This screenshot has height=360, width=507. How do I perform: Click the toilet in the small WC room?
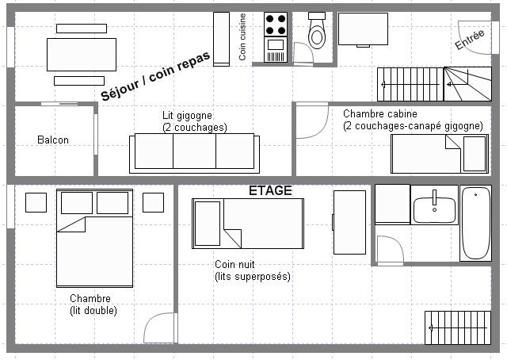317,32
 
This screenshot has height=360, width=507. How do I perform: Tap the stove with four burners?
275,25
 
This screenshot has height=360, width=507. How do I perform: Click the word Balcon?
53,140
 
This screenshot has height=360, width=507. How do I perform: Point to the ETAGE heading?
270,191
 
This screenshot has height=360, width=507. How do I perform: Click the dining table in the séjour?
81,55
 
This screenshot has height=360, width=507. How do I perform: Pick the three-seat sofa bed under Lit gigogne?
194,152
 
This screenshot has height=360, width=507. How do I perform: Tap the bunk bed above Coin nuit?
248,224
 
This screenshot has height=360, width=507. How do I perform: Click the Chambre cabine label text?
380,114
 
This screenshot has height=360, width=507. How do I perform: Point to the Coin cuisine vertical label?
242,37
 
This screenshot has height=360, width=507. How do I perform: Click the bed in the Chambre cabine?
439,153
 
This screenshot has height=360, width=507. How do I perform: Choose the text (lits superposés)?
253,277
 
